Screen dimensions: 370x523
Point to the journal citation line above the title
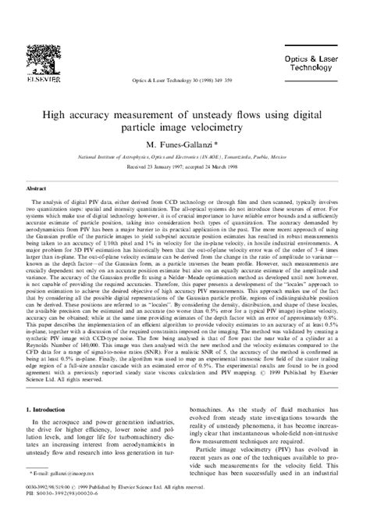[x=185, y=59]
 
